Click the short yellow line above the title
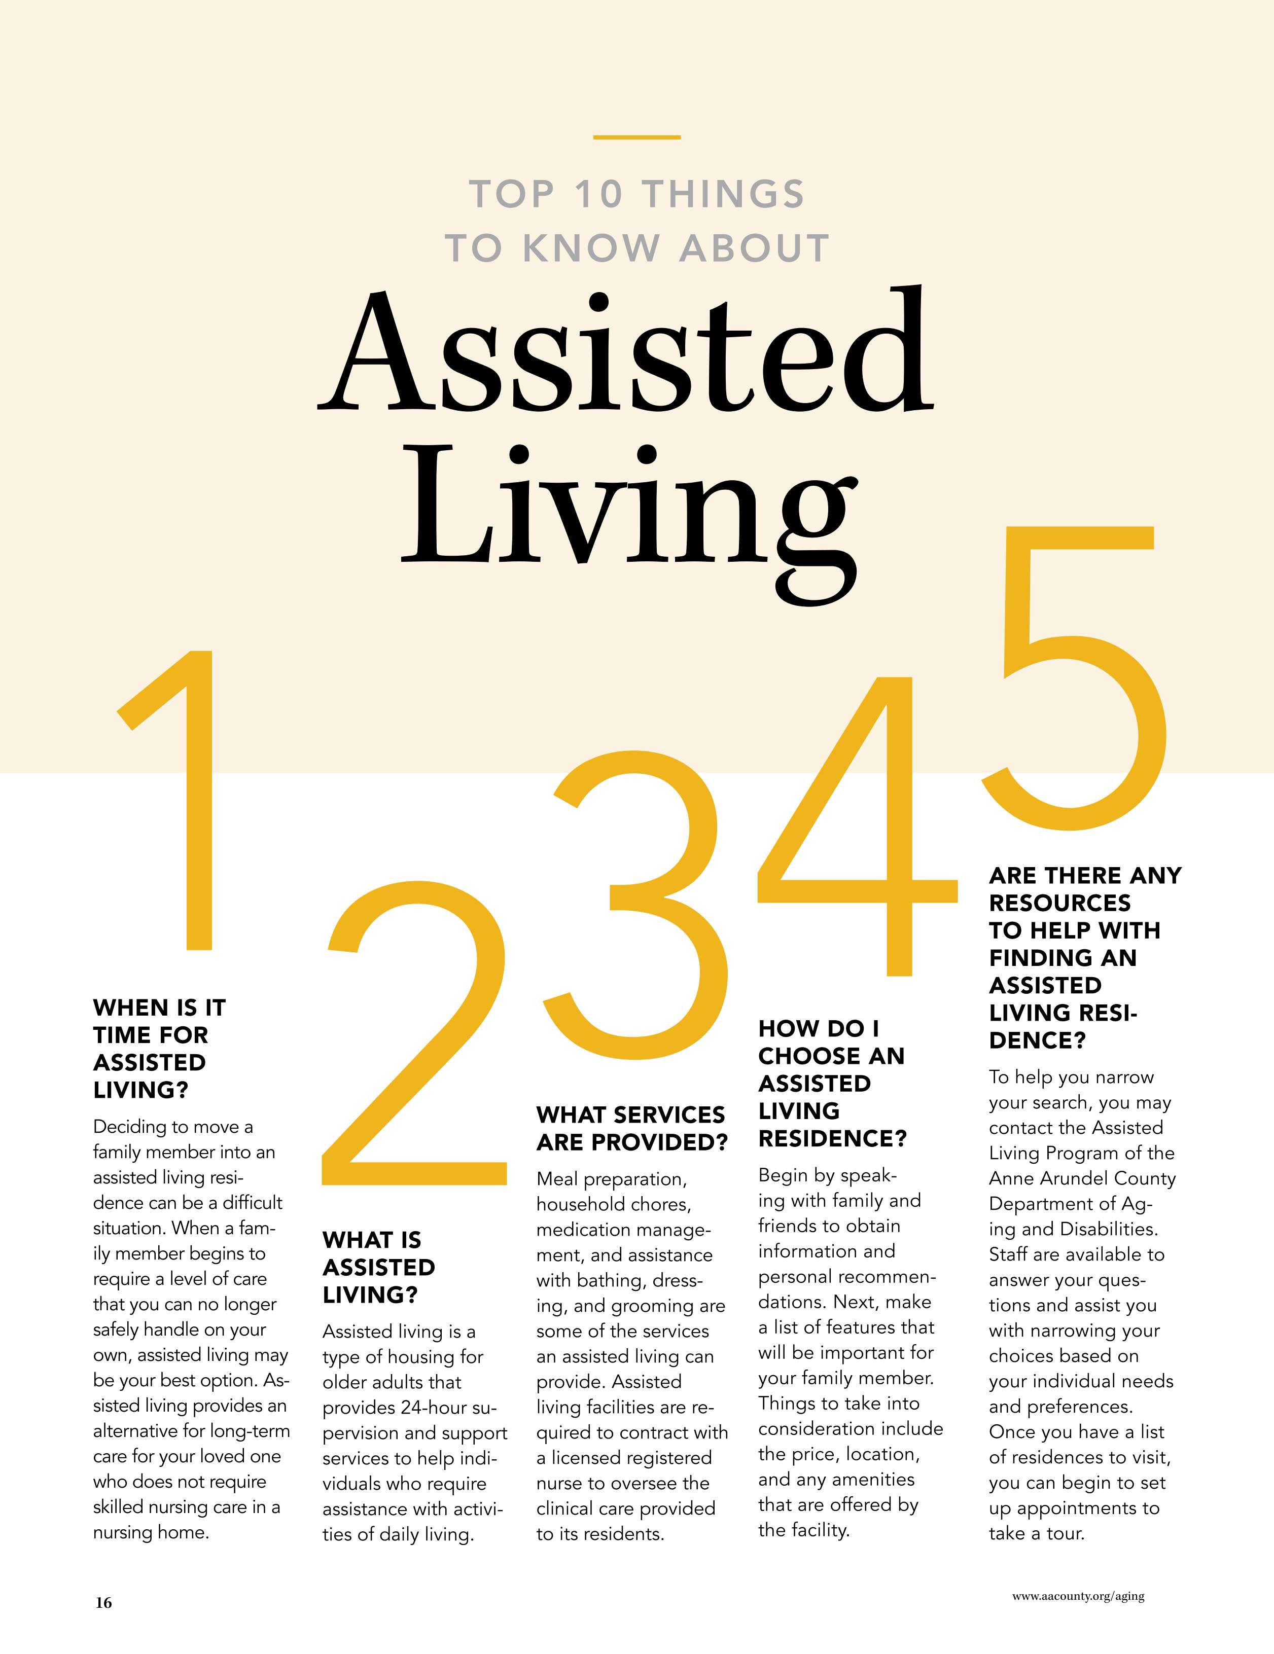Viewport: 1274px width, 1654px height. (x=636, y=137)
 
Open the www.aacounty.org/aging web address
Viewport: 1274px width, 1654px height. (x=1078, y=1596)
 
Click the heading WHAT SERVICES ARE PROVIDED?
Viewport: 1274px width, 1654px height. (x=632, y=1128)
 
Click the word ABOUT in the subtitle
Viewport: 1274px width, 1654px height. (x=754, y=248)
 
